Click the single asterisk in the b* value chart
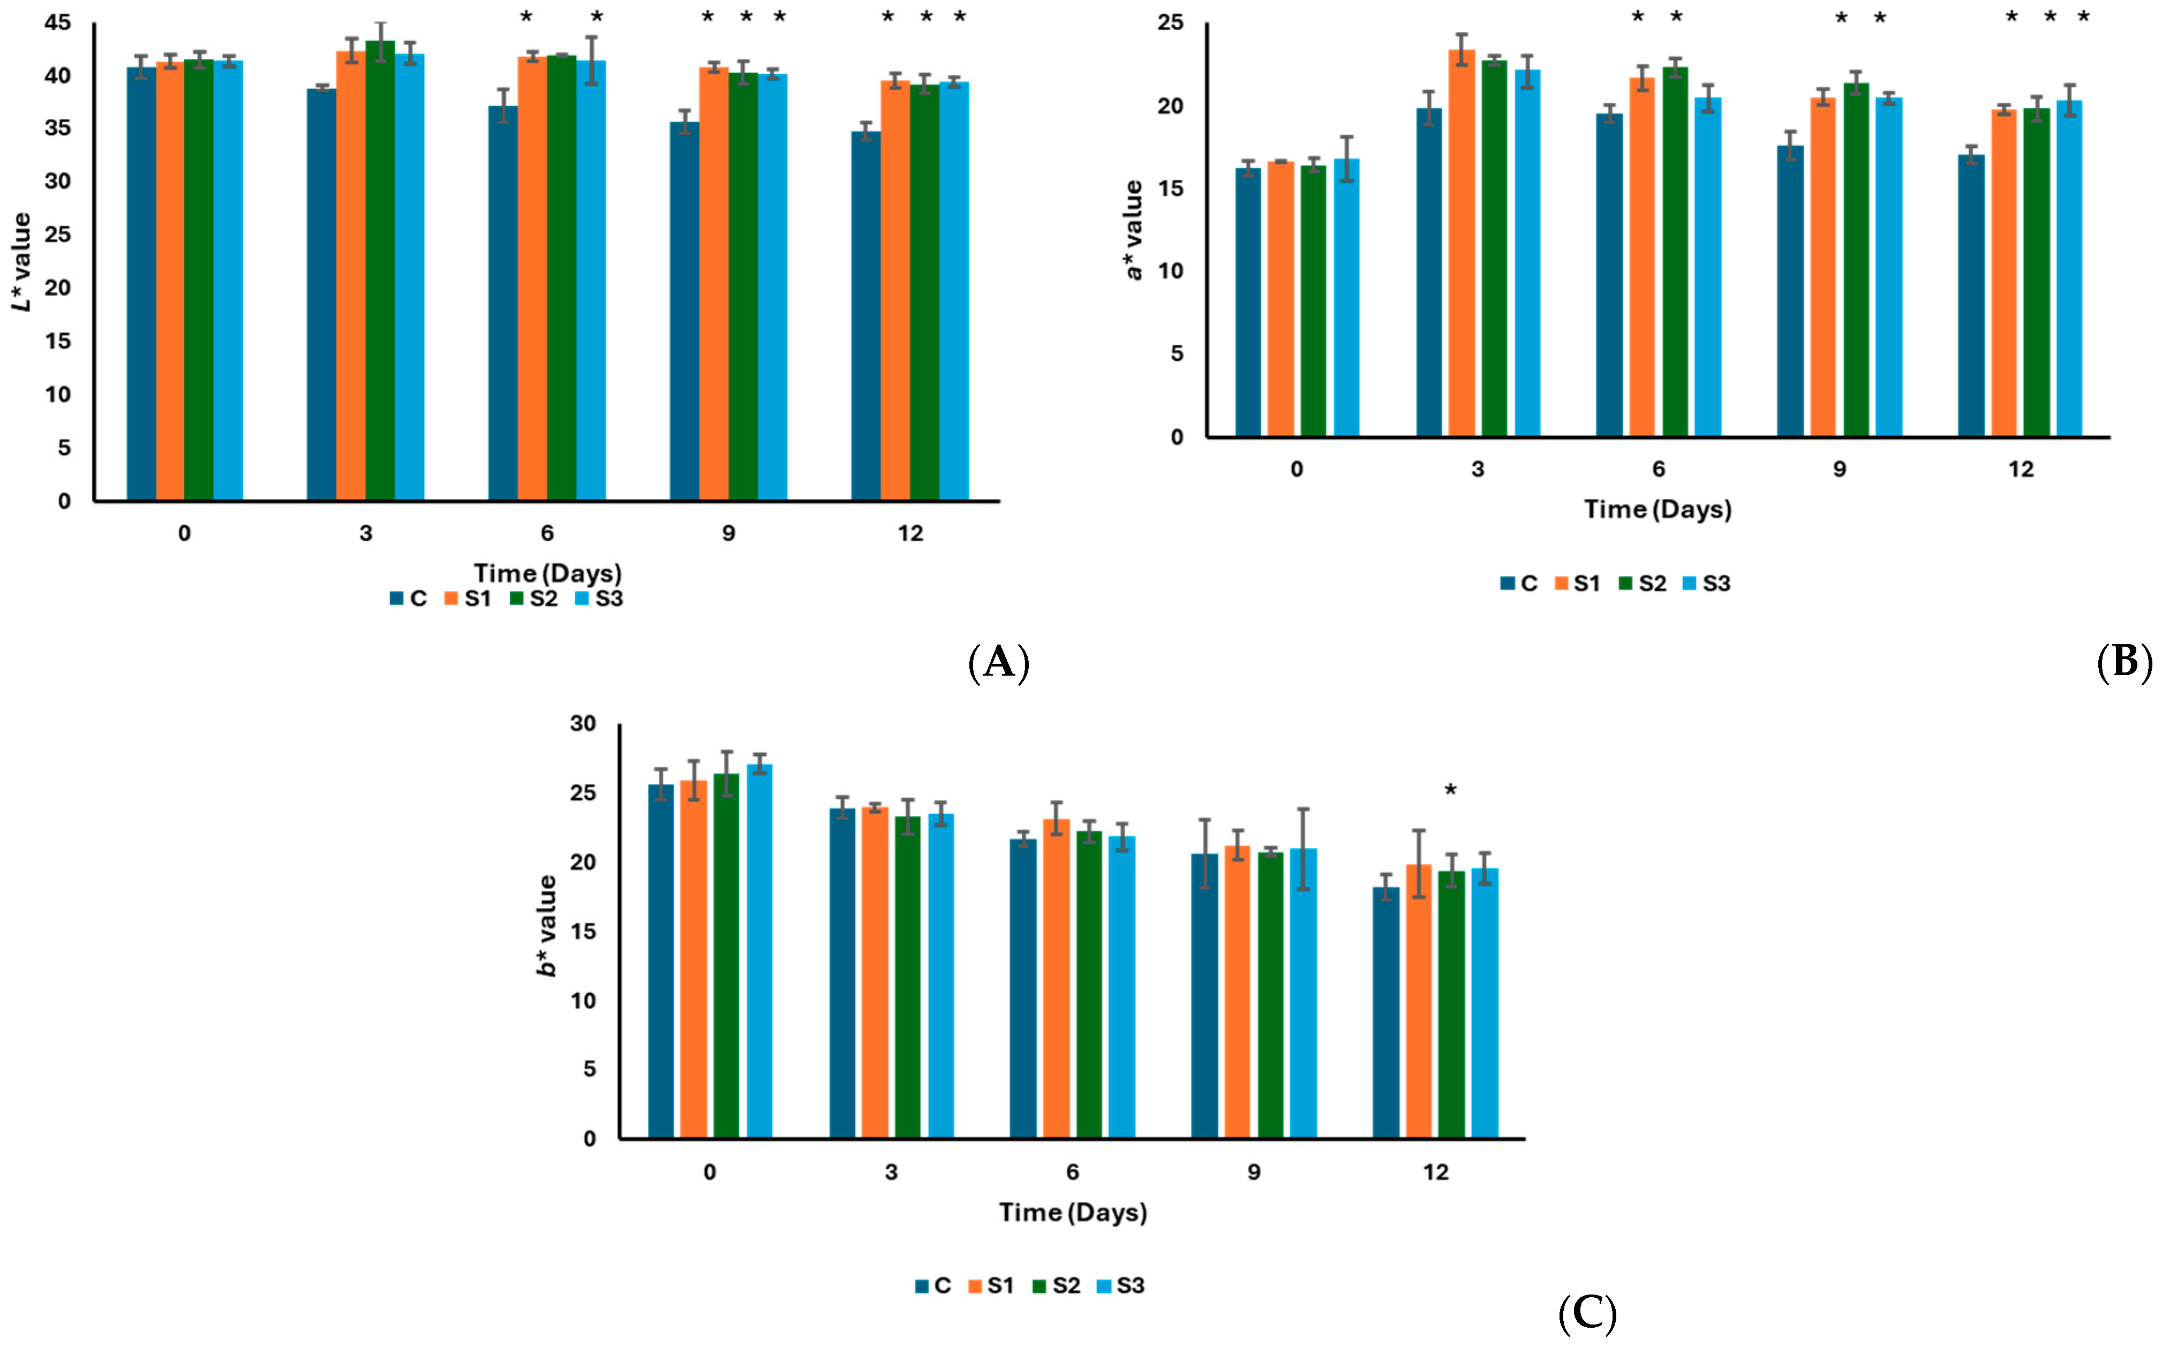pos(1451,790)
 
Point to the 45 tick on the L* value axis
pos(58,22)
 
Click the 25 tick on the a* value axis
pos(1170,22)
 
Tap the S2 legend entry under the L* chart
pos(534,599)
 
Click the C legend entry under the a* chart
pos(1519,584)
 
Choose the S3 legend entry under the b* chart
pos(1120,1285)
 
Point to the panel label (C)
pos(1587,1313)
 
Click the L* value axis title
pos(21,262)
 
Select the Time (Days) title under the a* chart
pos(1658,510)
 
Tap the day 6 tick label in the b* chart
pos(1072,1172)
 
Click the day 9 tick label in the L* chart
pos(728,534)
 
